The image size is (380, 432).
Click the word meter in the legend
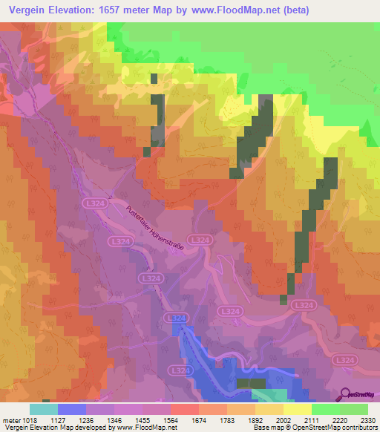(10, 419)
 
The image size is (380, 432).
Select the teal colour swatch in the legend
(44, 409)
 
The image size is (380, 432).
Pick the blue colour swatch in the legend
(72, 409)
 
